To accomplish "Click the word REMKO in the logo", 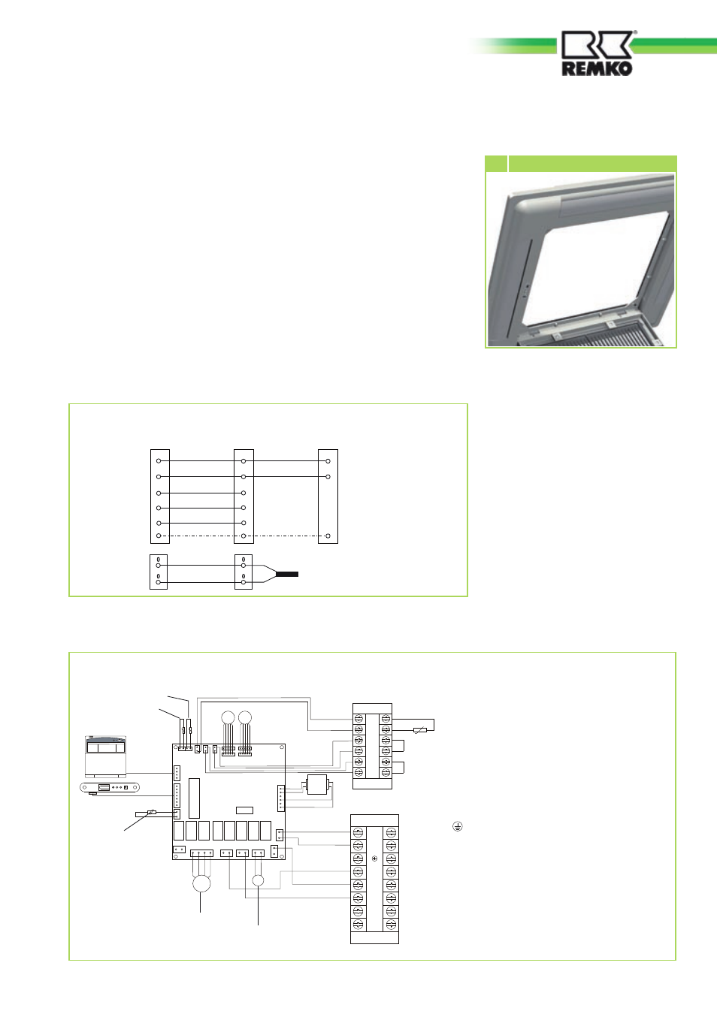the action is tap(597, 69).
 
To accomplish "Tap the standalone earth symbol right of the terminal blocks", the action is tap(458, 827).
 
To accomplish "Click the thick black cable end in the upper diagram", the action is tap(287, 574).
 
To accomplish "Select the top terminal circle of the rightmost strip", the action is tap(328, 461).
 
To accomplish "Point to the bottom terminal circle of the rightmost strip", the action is tap(328, 536).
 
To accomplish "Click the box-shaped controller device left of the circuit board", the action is tap(106, 755).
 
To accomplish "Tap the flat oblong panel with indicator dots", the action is tap(110, 788).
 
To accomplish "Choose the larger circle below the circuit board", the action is tap(201, 883).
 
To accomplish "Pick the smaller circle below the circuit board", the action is tap(258, 880).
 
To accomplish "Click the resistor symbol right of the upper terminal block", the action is tap(420, 729).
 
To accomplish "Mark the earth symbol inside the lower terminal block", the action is tap(374, 859).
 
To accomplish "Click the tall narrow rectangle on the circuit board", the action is tap(195, 798).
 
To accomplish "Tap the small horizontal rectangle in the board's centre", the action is tap(244, 810).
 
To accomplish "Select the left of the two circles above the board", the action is tap(228, 717).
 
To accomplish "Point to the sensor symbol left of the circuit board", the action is tap(152, 813).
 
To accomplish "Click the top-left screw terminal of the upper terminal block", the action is tap(359, 718).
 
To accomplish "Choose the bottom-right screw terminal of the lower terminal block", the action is tap(391, 925).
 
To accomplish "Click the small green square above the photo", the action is tap(496, 164).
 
